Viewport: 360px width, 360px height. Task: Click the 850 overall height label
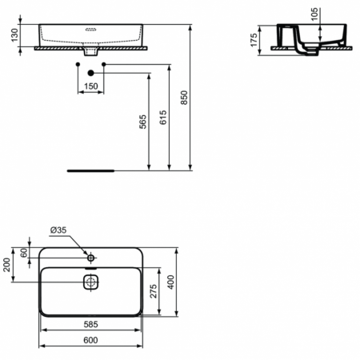pos(185,97)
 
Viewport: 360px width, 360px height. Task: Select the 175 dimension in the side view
pos(254,40)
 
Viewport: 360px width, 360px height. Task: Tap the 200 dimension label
pos(8,266)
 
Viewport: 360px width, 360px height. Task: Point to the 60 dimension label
pos(24,253)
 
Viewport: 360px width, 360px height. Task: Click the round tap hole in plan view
pos(90,258)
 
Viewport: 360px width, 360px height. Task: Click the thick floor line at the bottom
pos(92,170)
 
